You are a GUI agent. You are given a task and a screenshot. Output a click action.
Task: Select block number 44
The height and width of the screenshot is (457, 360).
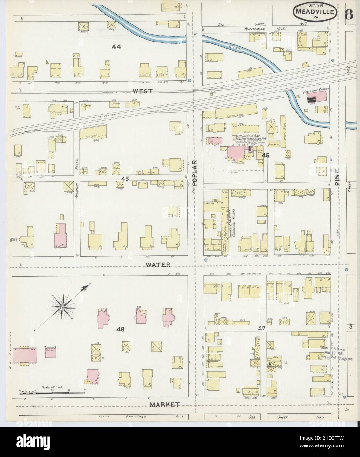pos(116,47)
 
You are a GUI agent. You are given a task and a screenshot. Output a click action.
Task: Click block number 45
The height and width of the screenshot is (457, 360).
pos(124,178)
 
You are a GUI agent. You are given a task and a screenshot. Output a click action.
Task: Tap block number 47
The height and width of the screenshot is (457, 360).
pos(261,328)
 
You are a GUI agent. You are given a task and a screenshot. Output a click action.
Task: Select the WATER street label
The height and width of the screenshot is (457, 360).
pos(158,264)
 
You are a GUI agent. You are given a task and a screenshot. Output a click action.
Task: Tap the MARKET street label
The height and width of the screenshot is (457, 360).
pos(165,404)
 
